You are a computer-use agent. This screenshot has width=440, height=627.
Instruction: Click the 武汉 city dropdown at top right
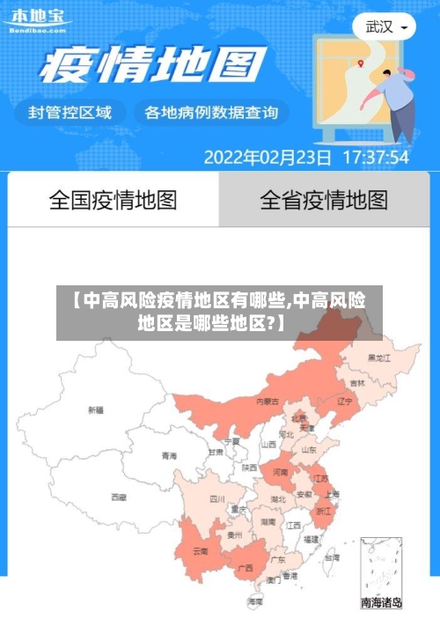click(385, 27)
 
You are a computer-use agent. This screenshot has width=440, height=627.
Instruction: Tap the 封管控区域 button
click(70, 113)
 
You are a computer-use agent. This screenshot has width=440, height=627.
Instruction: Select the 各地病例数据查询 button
click(210, 113)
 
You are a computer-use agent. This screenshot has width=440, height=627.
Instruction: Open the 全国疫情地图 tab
click(113, 200)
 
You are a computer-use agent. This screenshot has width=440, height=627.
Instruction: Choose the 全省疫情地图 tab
click(324, 200)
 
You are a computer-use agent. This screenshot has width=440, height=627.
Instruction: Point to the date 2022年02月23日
click(268, 159)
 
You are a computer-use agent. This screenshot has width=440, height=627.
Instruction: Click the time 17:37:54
click(376, 159)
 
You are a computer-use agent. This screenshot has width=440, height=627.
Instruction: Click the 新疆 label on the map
click(95, 409)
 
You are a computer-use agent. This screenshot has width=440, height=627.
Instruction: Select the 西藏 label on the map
click(118, 498)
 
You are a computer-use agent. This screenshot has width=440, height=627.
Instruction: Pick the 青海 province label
click(169, 456)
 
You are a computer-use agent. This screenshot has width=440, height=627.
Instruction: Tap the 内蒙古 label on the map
click(268, 401)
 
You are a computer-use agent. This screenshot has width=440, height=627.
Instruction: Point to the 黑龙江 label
click(378, 358)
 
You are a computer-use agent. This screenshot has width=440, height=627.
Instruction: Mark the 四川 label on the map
click(217, 498)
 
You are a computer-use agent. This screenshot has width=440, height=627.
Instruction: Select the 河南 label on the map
click(280, 472)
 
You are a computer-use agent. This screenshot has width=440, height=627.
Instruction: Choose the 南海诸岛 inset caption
click(382, 603)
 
